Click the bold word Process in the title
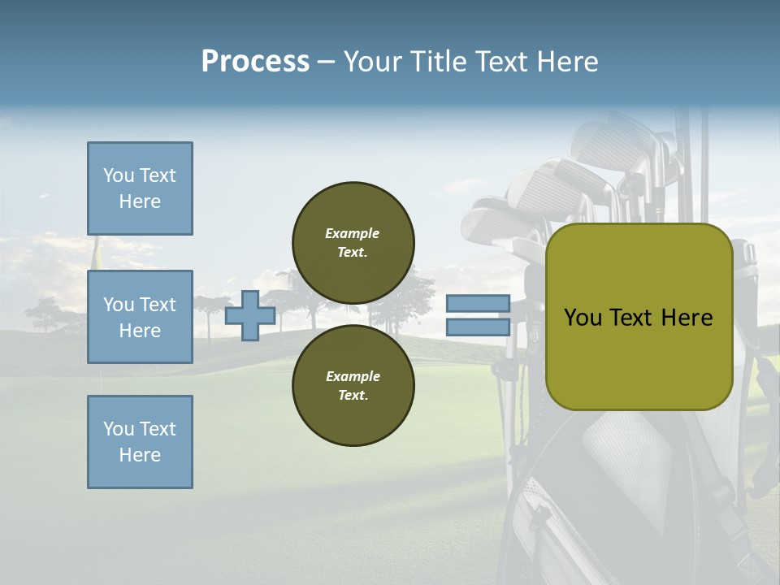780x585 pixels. (x=255, y=62)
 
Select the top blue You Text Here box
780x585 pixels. (x=140, y=188)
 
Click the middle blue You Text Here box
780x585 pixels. (x=140, y=317)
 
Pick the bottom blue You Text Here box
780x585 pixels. (x=140, y=442)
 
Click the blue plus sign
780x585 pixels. (x=249, y=315)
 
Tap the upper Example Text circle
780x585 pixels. (x=353, y=242)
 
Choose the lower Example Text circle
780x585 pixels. (x=353, y=385)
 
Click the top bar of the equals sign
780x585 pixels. (x=478, y=304)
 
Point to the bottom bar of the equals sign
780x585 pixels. (x=478, y=327)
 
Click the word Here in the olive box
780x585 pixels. (x=687, y=318)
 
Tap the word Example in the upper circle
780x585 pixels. (x=353, y=233)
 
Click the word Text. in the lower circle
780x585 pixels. (x=353, y=396)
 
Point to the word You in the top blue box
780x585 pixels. (x=118, y=175)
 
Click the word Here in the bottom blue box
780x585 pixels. (x=140, y=455)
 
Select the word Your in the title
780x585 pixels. (x=374, y=62)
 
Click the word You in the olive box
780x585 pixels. (x=583, y=318)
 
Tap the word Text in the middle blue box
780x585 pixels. (x=158, y=305)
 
